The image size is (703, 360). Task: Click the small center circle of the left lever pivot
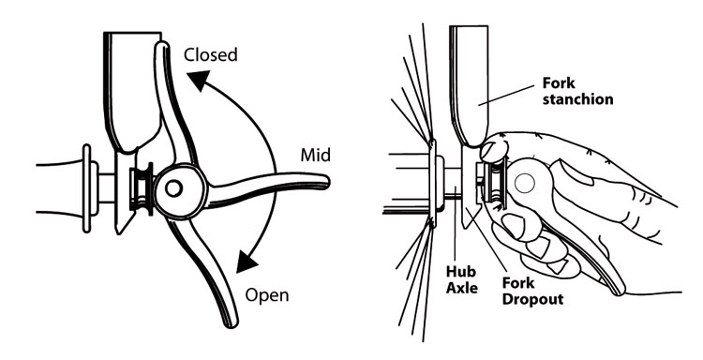tap(172, 188)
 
